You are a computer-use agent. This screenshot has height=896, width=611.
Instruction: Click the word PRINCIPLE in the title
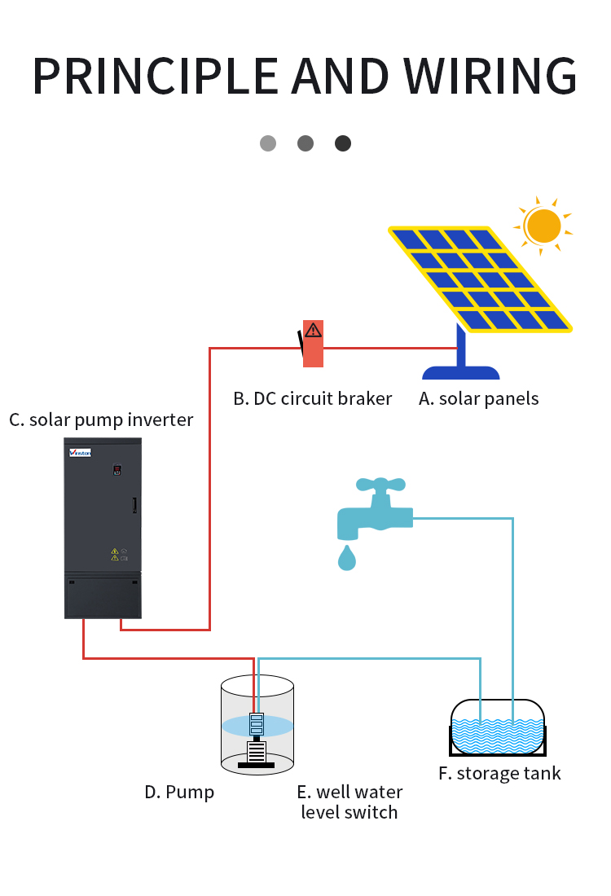(x=156, y=76)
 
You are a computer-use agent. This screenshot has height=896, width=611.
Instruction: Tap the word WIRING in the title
(x=490, y=76)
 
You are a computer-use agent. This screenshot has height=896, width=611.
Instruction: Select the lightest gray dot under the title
(x=268, y=143)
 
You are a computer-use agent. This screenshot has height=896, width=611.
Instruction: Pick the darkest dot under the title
(x=343, y=143)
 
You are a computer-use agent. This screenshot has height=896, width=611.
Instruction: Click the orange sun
(x=543, y=226)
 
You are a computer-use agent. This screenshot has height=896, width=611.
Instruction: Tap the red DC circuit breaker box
(x=313, y=344)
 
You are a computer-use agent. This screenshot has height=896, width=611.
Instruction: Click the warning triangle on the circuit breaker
(x=313, y=330)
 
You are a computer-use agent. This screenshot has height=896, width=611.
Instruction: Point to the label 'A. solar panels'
(x=478, y=399)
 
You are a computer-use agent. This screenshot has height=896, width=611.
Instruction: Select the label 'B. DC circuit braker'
(x=313, y=398)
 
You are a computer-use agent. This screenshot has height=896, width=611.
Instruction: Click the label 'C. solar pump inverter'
(x=101, y=420)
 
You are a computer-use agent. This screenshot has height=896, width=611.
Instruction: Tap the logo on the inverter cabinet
(x=80, y=453)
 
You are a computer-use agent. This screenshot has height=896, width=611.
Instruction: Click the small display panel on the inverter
(x=117, y=470)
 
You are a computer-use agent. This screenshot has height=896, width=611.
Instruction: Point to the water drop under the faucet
(x=347, y=558)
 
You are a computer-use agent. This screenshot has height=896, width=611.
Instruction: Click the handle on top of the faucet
(x=380, y=485)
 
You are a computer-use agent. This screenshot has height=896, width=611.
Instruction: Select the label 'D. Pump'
(x=179, y=793)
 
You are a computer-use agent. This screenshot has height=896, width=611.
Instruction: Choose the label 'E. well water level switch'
(x=349, y=802)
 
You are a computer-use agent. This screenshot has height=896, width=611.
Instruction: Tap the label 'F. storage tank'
(x=499, y=774)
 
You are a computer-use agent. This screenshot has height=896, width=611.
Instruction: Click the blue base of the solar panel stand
(x=460, y=372)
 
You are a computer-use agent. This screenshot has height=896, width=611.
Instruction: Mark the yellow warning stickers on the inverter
(x=115, y=554)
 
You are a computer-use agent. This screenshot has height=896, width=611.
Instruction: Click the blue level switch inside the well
(x=257, y=724)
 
